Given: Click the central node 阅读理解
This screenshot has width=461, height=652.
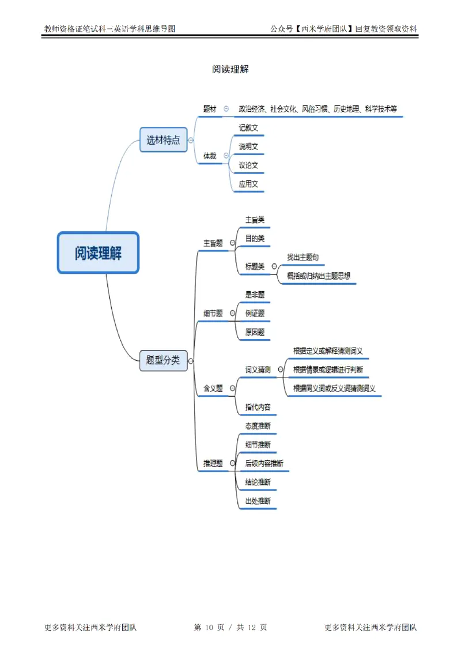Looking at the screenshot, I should point(98,252).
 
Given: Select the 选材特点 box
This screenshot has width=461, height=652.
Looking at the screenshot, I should point(164,140).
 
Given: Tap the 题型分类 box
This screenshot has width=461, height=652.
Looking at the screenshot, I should point(163,360).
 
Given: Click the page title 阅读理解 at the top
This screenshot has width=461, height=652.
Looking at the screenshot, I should point(230,69).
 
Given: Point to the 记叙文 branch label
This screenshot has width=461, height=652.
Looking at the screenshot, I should point(248,127).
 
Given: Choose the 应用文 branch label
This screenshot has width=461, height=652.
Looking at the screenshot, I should point(248,184).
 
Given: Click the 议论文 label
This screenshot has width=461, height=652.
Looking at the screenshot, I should point(248,165).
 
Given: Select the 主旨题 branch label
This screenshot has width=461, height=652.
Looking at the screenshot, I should point(213,243).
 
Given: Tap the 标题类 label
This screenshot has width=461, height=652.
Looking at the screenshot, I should point(255,266).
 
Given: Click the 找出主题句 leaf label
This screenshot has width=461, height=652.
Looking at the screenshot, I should point(303,257).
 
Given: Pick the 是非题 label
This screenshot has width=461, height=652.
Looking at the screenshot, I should point(255,294).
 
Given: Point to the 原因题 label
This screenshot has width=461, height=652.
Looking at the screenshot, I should point(255,332).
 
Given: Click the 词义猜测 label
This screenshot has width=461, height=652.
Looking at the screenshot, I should point(258,370).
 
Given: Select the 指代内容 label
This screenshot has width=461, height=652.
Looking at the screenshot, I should point(258,407).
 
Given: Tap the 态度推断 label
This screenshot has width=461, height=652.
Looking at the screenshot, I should point(258,426).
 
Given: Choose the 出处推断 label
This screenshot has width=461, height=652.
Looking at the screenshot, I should point(258,500).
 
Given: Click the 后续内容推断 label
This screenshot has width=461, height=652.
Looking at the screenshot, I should point(264,463).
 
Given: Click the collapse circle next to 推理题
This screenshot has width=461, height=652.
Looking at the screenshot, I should point(232,463).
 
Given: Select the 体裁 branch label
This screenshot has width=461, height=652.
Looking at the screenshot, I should point(210,156).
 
